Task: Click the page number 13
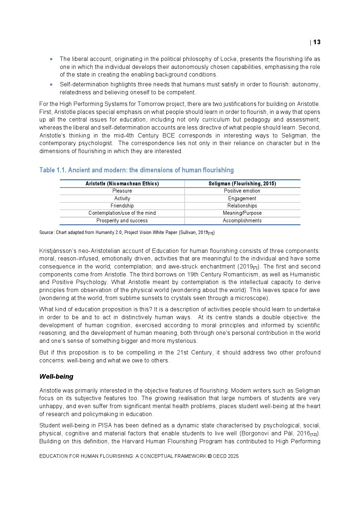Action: [x=317, y=42]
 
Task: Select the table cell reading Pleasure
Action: [x=122, y=191]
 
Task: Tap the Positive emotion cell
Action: [x=242, y=191]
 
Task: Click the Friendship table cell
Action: [x=122, y=206]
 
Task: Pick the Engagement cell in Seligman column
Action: [x=242, y=198]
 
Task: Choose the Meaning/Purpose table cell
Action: [x=242, y=213]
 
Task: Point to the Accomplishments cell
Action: [x=242, y=221]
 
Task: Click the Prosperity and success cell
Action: [x=122, y=221]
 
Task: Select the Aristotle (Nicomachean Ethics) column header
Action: [x=122, y=184]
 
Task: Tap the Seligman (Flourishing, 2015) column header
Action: [x=242, y=184]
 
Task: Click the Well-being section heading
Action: [x=56, y=377]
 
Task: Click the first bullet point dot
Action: [x=51, y=59]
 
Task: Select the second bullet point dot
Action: [x=51, y=85]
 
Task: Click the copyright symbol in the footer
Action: [x=209, y=456]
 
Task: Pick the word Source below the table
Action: [x=46, y=232]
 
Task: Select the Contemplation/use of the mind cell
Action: [x=122, y=213]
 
